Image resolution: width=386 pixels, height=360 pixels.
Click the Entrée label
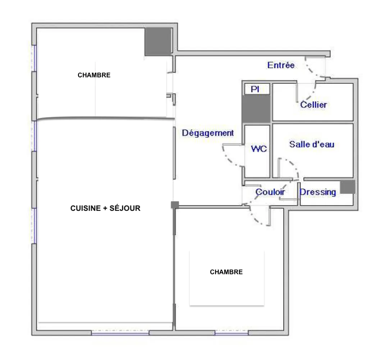pos(281,65)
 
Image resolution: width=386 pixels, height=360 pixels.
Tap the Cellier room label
pos(313,105)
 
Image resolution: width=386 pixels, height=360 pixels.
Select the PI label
pos(255,89)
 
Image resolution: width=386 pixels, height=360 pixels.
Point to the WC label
pos(259,149)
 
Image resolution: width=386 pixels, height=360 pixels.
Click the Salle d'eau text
pos(312,144)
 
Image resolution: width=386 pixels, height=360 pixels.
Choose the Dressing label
pos(318,192)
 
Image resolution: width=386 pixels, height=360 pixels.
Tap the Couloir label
pos(270,192)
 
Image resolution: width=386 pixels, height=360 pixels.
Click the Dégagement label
pos(208,133)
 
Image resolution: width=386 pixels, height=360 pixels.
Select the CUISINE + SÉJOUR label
pos(105,208)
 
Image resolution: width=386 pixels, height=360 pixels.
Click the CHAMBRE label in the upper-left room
pos(94,75)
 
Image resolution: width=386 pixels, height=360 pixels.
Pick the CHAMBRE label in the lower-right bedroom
pos(226,272)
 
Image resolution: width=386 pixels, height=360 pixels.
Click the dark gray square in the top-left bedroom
pos(158,42)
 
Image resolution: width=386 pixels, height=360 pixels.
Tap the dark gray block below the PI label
pos(256,109)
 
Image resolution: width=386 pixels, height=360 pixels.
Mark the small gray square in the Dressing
pos(347,187)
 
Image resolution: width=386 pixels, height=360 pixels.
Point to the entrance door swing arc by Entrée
pos(311,70)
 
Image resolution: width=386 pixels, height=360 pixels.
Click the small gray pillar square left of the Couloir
pos(175,205)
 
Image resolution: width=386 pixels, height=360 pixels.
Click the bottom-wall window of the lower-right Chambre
pos(231,333)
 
